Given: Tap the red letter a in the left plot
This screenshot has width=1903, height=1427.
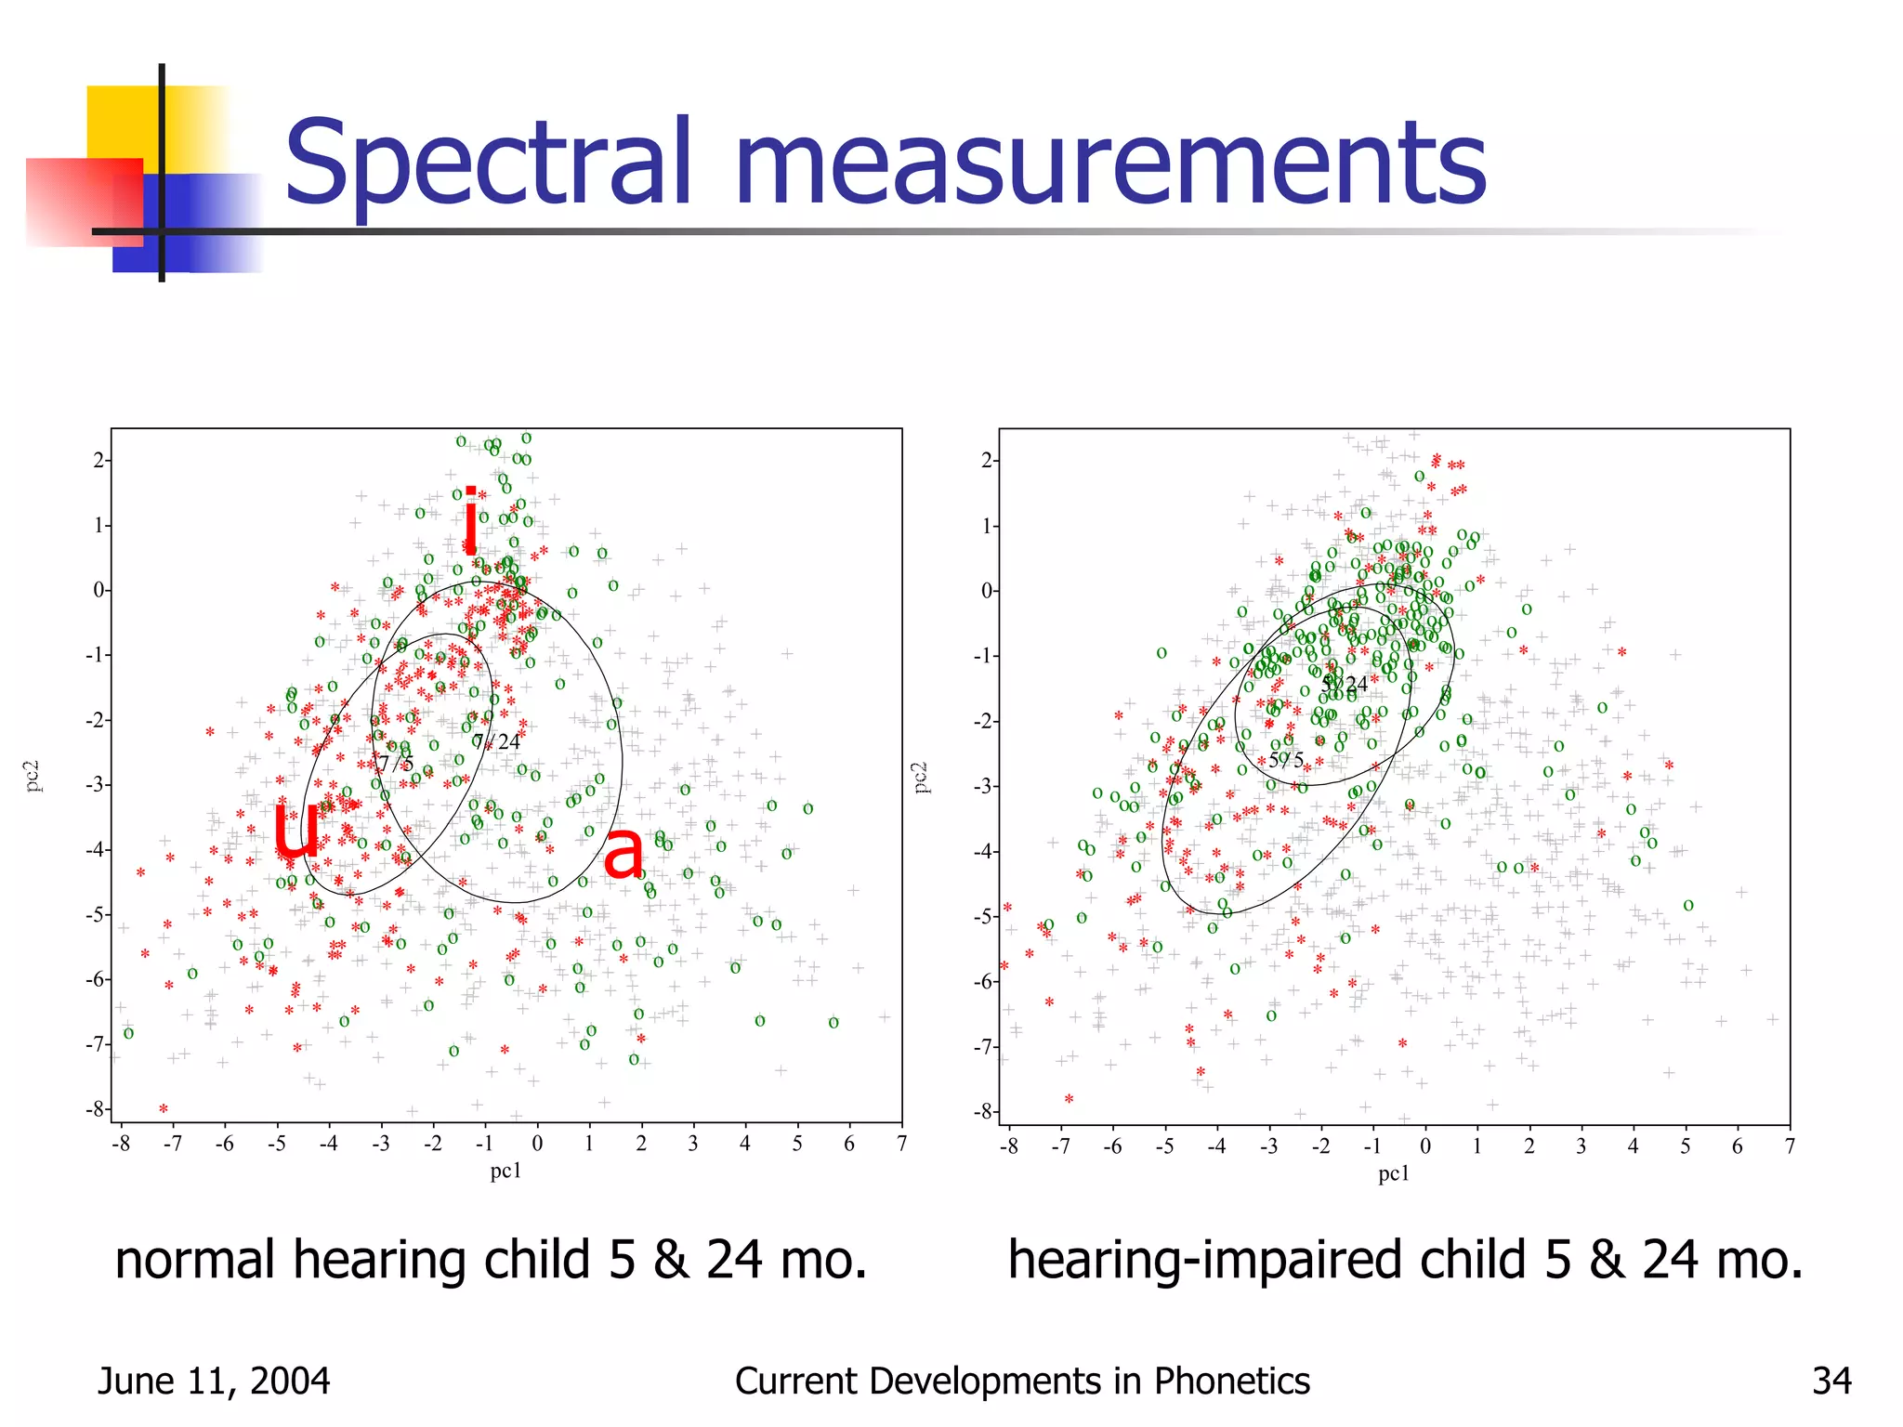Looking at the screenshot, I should (x=622, y=853).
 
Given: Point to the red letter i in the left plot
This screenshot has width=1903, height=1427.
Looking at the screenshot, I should (x=471, y=520).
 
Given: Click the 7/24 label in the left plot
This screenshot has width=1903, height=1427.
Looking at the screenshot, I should (x=496, y=741).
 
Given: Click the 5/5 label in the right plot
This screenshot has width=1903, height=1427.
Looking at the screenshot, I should (x=1286, y=760).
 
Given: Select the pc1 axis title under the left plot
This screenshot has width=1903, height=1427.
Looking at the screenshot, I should (x=505, y=1171).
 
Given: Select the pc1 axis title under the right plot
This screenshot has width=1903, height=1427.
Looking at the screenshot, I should (x=1394, y=1173).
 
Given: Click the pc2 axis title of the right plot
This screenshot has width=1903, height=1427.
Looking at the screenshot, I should (x=921, y=777).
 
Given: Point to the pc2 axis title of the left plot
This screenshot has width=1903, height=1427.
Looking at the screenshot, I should (x=33, y=777).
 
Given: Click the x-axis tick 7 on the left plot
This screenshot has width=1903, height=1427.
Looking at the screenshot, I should (x=900, y=1144).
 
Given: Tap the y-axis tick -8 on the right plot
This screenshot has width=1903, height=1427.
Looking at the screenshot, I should (x=984, y=1111).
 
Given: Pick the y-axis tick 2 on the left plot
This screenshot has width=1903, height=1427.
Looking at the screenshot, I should (x=98, y=461).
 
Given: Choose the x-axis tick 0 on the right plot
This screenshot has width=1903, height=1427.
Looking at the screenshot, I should (x=1424, y=1146).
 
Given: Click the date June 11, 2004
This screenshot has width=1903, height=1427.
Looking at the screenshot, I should (x=214, y=1381).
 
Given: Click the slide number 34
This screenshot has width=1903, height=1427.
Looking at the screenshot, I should (x=1831, y=1381).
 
